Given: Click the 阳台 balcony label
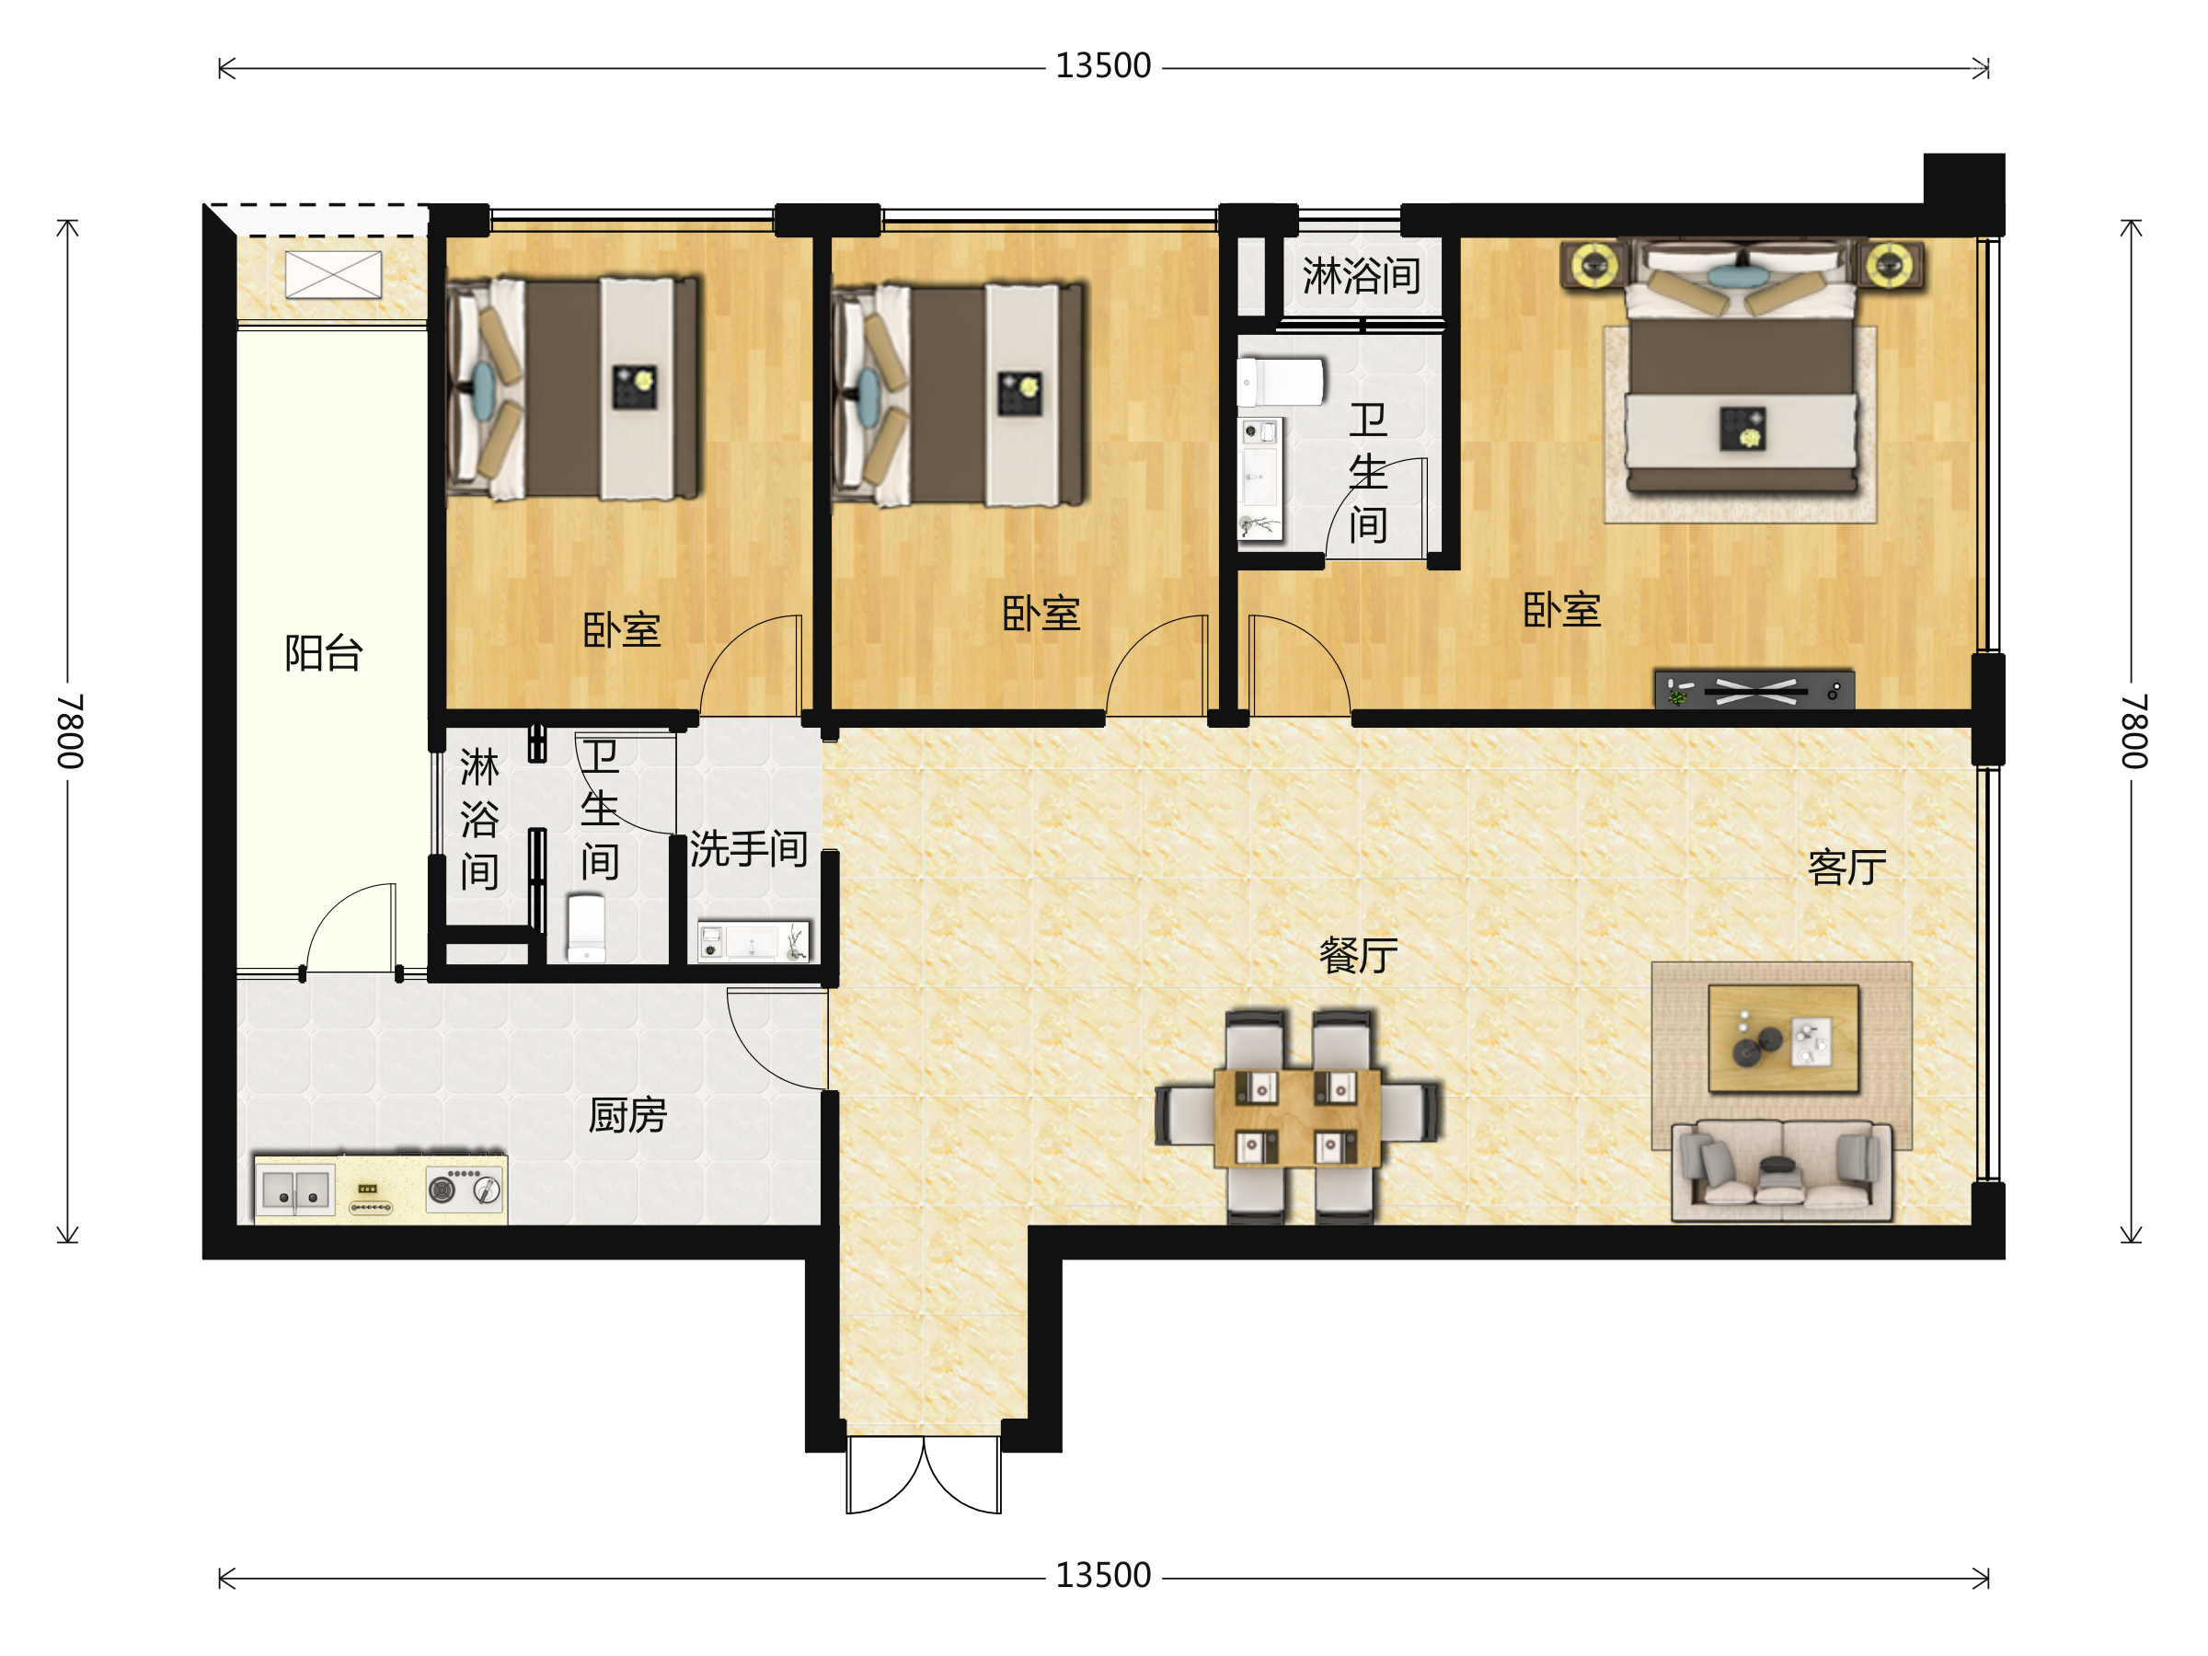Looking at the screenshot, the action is (324, 653).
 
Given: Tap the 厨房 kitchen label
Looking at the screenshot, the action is (627, 1115).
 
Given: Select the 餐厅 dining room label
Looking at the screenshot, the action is (1359, 955).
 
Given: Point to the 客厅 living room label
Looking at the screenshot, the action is (1846, 868).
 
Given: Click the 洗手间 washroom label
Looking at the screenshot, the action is (749, 848).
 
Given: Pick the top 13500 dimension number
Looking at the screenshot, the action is (1103, 66).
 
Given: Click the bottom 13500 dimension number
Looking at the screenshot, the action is (1103, 1575).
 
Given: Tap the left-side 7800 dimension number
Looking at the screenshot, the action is (70, 730).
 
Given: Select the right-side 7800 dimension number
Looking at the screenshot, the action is (2133, 730).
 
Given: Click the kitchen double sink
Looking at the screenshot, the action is (295, 1189).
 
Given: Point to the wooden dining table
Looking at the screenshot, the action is (1297, 1118).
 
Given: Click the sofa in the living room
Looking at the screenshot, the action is (1782, 1170).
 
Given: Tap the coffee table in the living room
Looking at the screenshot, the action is (1784, 1038).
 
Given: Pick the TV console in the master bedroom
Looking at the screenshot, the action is (1754, 690).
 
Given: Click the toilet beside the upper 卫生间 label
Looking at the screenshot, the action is (1281, 381).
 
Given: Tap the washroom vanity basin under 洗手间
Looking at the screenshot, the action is (753, 940).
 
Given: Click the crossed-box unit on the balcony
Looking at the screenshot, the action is (333, 274).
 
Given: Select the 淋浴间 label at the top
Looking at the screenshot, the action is (1361, 274).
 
